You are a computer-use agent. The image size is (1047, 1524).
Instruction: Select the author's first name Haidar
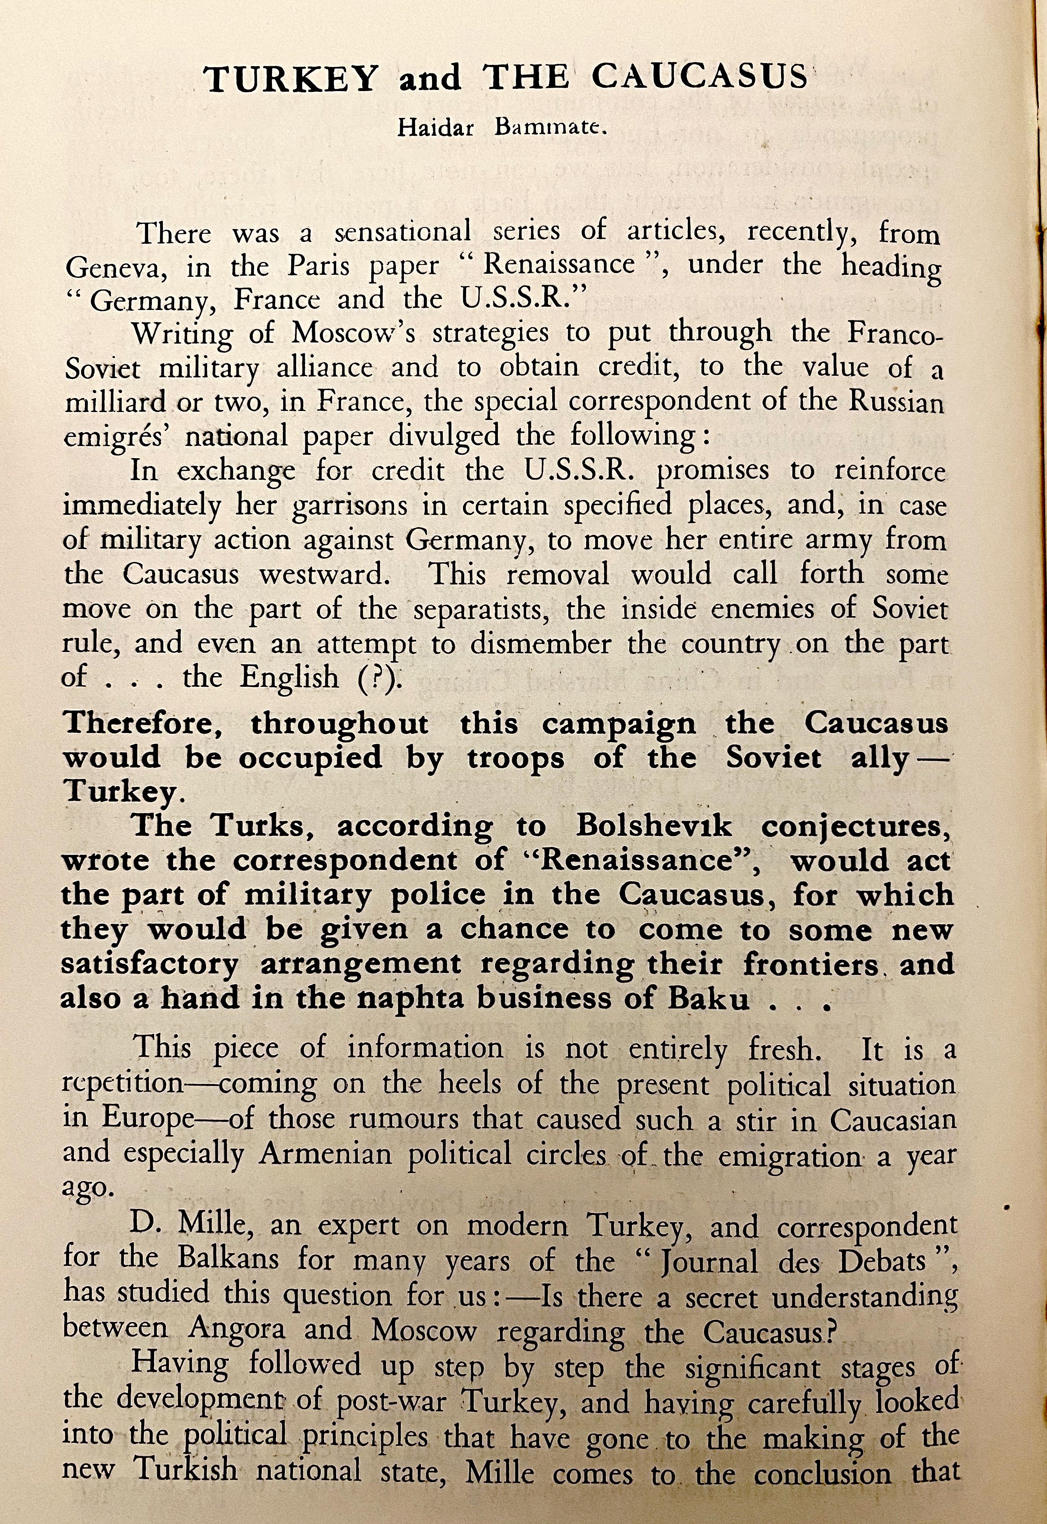tap(435, 127)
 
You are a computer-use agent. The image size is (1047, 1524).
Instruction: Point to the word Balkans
tap(228, 1259)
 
